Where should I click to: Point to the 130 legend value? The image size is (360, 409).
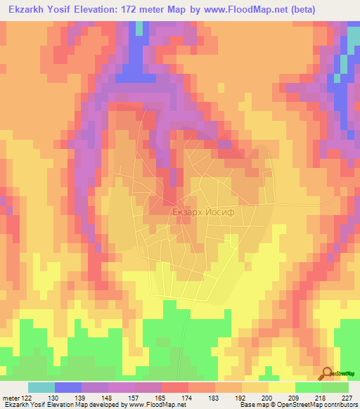click(67, 397)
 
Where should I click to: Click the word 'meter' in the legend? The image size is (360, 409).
click(8, 397)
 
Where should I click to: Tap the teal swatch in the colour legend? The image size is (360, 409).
click(41, 387)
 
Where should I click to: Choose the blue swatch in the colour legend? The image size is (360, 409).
click(68, 387)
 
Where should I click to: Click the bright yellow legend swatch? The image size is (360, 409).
click(281, 387)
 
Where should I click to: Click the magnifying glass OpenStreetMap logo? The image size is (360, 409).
click(327, 373)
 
